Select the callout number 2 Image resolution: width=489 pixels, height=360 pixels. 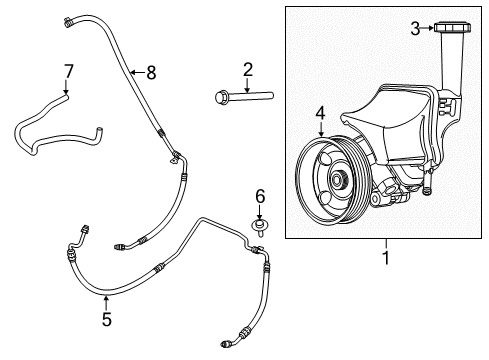pos(245,68)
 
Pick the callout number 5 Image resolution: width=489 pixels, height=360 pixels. pos(107,321)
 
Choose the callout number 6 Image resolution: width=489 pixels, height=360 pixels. pos(258,195)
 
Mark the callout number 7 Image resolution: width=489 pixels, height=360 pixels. pos(68,71)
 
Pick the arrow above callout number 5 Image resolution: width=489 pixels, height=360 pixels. pos(107,301)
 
